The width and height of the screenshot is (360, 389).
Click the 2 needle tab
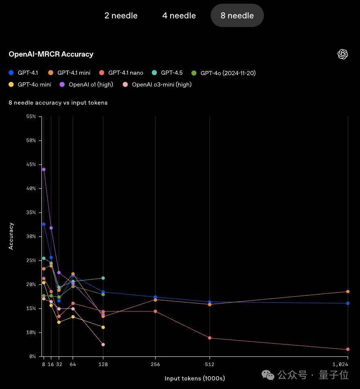tap(121, 16)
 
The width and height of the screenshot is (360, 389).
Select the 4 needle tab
tap(179, 16)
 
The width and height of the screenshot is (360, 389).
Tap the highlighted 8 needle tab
tap(237, 16)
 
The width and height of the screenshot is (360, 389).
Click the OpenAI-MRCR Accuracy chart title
tap(51, 54)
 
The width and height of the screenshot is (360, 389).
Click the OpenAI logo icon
tap(342, 54)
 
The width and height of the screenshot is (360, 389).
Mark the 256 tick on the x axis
tap(155, 364)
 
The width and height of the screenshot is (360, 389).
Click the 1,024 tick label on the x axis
tap(340, 364)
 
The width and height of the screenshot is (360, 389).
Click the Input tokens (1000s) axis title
tap(195, 378)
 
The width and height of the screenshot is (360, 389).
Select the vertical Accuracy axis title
tap(11, 236)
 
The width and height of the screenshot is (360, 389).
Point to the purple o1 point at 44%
tap(44, 169)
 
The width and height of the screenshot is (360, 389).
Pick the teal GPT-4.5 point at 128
tap(103, 278)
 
